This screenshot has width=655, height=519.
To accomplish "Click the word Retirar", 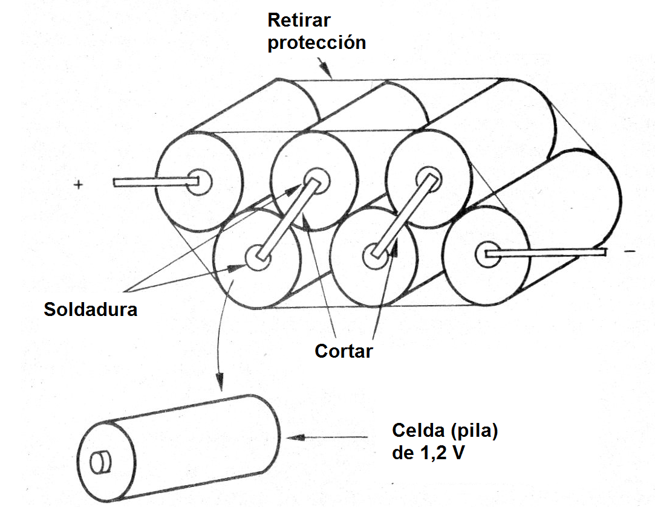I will pyautogui.click(x=299, y=20).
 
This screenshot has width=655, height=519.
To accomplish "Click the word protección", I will pyautogui.click(x=316, y=43).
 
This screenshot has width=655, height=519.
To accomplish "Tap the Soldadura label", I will pyautogui.click(x=91, y=310).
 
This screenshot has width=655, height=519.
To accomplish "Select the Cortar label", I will pyautogui.click(x=344, y=350).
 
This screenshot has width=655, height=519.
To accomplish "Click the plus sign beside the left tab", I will pyautogui.click(x=78, y=185).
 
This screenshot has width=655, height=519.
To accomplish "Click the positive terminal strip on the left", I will pyautogui.click(x=151, y=181).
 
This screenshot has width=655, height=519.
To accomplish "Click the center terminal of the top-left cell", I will pyautogui.click(x=198, y=181).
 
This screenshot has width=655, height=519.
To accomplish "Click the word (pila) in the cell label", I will pyautogui.click(x=476, y=431).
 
